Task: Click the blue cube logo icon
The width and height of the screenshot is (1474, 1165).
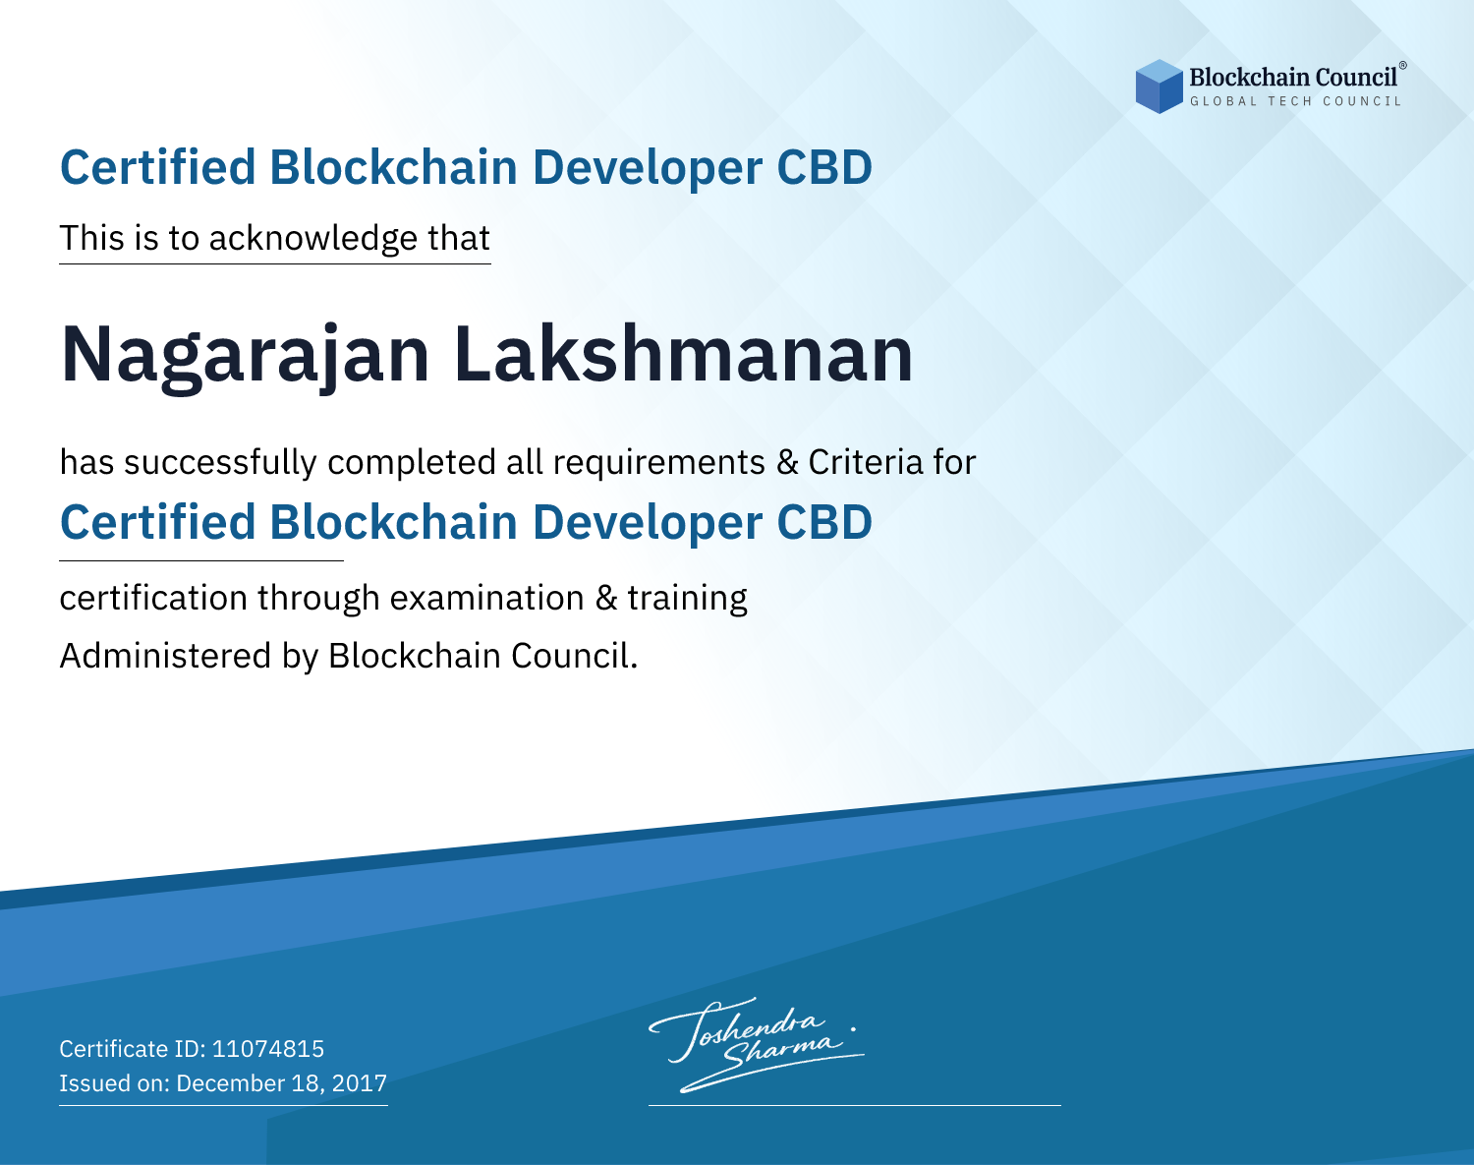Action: (1159, 87)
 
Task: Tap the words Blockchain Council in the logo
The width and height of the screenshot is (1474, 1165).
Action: (1293, 78)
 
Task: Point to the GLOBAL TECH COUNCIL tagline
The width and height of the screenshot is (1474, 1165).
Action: (1295, 101)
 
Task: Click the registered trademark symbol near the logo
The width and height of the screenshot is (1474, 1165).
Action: (1403, 66)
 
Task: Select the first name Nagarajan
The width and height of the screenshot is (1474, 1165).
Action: (246, 356)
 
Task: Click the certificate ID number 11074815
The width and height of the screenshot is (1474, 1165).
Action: (268, 1048)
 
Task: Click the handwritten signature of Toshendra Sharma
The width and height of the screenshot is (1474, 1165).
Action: (756, 1045)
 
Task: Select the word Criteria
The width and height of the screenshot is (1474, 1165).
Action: (866, 462)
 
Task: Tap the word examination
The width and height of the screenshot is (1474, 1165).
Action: (487, 599)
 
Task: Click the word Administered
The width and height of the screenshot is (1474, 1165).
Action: (165, 656)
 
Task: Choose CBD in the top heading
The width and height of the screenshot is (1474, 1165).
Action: (824, 167)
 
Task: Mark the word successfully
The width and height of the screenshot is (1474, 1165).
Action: (220, 463)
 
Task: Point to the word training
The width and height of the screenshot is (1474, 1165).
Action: (687, 599)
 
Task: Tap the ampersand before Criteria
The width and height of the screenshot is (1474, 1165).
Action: (787, 462)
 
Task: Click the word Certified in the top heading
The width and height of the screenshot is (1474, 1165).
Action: (157, 167)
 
